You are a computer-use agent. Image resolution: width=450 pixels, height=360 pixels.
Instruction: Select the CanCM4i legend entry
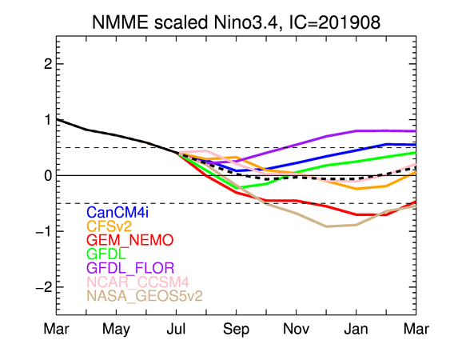point(117,213)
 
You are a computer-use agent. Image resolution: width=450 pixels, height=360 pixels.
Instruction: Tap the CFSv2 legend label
point(109,226)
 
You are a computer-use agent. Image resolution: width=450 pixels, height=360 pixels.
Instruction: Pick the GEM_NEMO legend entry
point(130,240)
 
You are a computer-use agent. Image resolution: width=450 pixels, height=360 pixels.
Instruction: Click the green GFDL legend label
point(106,254)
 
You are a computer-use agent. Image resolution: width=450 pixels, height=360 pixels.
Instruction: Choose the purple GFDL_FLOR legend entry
point(130,268)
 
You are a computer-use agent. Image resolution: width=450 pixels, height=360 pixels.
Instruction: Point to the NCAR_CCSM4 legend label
point(137,282)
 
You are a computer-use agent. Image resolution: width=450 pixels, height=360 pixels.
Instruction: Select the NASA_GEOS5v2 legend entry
point(145,296)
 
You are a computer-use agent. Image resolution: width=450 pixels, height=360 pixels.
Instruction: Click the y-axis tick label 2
point(48,64)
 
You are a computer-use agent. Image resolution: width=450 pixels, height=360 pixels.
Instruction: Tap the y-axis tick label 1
point(48,120)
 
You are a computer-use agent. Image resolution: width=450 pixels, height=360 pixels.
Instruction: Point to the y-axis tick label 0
point(48,175)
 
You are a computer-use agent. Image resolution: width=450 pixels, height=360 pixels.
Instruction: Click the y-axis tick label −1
point(44,231)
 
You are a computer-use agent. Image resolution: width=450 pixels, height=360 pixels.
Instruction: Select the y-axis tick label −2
point(44,287)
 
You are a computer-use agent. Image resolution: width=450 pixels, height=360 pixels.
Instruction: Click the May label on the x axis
point(116,330)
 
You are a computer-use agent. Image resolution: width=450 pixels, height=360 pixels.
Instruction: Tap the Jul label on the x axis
point(176,329)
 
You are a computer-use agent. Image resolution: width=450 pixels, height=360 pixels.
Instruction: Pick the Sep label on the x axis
point(237,330)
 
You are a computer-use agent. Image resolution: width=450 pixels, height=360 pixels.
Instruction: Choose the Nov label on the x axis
point(297,329)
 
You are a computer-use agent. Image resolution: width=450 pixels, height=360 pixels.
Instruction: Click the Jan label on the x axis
point(356,329)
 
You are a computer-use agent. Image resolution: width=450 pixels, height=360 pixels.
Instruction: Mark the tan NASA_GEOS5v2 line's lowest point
point(326,226)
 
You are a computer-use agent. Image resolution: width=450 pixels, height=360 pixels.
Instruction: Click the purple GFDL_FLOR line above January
point(356,131)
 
